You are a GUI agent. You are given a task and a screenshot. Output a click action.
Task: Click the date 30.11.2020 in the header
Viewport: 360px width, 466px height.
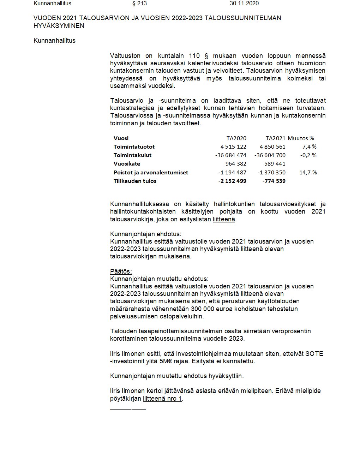[x=244, y=4]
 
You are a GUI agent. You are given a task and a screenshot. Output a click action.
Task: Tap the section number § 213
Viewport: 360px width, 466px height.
[x=139, y=4]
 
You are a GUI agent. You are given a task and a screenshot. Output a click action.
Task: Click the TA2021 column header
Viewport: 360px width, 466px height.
[x=275, y=138]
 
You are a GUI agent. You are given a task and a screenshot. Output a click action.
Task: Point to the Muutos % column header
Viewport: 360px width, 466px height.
[x=301, y=138]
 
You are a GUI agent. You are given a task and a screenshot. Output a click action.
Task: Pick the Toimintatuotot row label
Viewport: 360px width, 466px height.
[x=134, y=147]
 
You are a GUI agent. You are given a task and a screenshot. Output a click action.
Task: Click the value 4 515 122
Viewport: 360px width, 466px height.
[x=233, y=147]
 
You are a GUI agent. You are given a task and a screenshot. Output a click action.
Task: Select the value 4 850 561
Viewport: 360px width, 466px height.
[x=272, y=147]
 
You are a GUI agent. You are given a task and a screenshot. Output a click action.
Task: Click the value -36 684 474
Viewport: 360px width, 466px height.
[x=231, y=155]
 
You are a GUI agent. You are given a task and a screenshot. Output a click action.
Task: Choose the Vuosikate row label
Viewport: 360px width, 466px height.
[x=127, y=164]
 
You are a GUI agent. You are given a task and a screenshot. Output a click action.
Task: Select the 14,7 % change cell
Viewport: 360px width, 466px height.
[x=308, y=173]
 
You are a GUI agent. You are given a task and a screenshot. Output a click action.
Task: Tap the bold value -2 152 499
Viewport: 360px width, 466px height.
[x=232, y=181]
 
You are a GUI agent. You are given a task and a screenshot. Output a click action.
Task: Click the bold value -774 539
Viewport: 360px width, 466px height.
[x=274, y=181]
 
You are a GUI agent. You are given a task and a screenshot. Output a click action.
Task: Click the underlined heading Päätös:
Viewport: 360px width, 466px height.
[x=121, y=271]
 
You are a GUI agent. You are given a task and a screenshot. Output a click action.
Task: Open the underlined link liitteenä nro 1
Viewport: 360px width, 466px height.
[x=162, y=399]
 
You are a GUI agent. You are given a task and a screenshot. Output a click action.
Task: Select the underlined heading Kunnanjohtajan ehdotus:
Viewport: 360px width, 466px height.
[x=146, y=234]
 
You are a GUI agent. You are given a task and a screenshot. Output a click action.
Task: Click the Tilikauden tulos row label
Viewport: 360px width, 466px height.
[x=135, y=181]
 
